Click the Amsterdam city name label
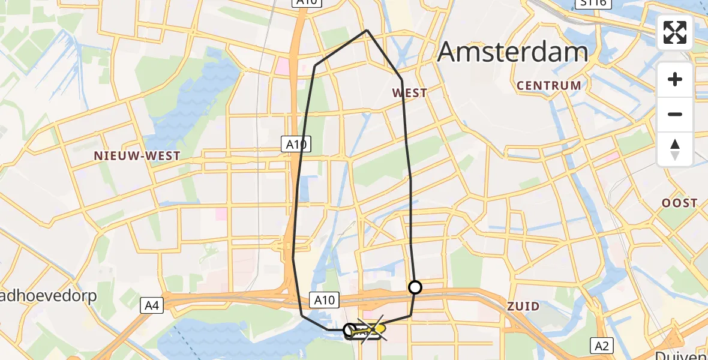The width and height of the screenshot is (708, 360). (x=512, y=52)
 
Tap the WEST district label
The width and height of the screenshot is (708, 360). (x=410, y=93)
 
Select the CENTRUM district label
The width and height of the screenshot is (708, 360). (x=549, y=85)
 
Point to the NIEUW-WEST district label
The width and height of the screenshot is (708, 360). (x=137, y=156)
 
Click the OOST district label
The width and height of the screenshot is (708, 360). (x=680, y=203)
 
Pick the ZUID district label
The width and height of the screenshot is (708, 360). (x=523, y=307)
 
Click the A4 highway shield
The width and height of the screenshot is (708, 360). (x=152, y=306)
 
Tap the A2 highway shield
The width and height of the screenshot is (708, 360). (x=602, y=345)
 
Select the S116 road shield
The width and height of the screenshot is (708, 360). (x=595, y=4)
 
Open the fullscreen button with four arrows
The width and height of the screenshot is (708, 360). (x=675, y=32)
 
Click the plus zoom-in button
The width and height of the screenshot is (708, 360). (x=675, y=79)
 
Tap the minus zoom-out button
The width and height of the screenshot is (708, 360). (x=675, y=114)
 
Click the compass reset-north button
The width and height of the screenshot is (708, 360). (x=675, y=149)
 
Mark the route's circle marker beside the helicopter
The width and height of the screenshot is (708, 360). (x=349, y=329)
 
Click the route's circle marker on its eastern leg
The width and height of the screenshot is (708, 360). (x=415, y=287)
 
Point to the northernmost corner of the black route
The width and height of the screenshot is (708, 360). (x=367, y=30)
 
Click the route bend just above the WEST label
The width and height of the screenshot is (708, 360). (x=401, y=79)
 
